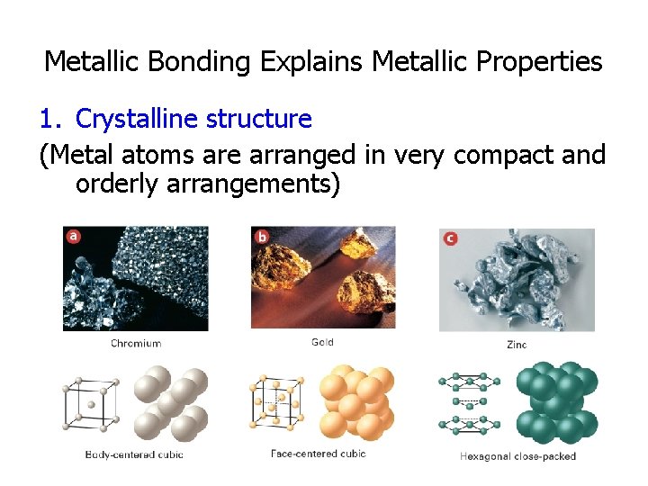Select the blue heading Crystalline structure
193,118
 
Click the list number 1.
49,118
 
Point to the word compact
499,155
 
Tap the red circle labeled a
73,237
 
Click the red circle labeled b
262,237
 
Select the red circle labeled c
450,238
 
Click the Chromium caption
136,343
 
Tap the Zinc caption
517,344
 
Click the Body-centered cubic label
134,454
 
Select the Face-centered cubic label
319,454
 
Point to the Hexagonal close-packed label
517,456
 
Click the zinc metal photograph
517,280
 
